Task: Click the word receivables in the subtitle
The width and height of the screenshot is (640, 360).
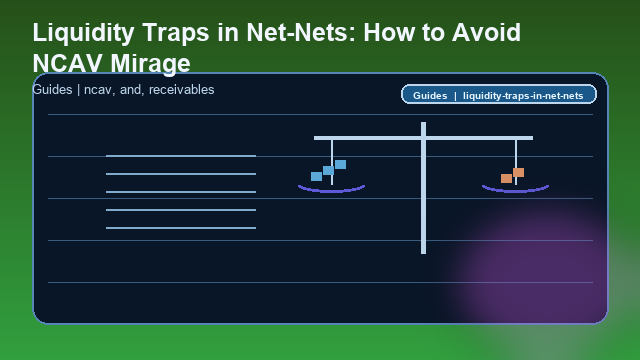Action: tap(181, 90)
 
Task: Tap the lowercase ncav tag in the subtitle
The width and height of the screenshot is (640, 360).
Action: tap(97, 90)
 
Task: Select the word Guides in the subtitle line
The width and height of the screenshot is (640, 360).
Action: tap(51, 90)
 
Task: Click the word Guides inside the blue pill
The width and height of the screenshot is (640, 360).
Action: tap(430, 96)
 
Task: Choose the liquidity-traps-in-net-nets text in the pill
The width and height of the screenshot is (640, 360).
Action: tap(527, 96)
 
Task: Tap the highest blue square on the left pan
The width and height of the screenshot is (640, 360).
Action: tap(340, 164)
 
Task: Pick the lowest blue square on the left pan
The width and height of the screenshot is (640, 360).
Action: tap(316, 177)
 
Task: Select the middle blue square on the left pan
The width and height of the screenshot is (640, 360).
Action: tap(328, 170)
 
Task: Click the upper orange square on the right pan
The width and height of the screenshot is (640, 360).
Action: tap(518, 172)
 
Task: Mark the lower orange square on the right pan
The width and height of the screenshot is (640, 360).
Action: tap(506, 178)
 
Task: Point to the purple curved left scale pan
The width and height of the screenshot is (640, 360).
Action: tap(331, 188)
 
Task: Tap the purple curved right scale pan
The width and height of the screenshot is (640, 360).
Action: tap(515, 188)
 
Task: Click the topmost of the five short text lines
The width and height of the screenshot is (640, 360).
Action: tap(181, 156)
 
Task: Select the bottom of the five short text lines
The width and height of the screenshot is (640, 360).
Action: tap(181, 228)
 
